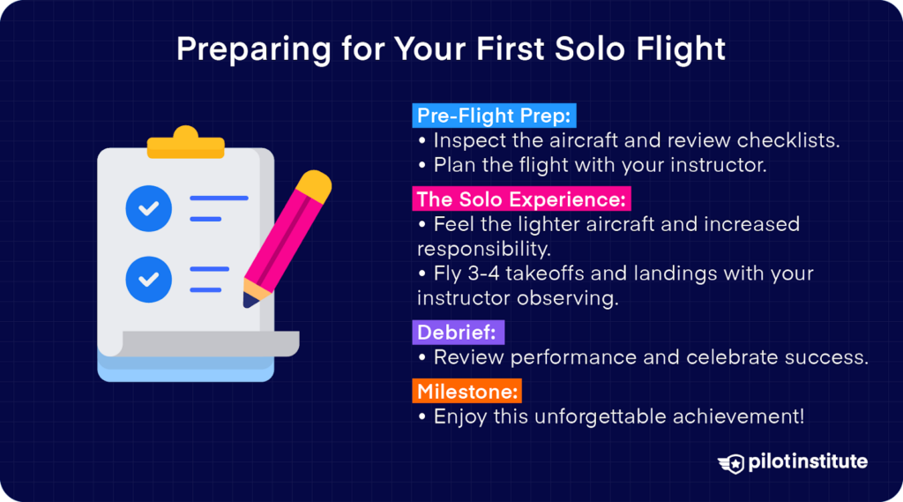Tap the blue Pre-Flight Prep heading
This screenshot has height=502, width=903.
pos(495,116)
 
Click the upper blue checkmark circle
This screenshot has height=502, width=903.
pos(149,208)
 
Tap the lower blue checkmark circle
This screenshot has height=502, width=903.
pos(149,279)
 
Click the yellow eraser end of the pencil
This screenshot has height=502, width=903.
pos(313,186)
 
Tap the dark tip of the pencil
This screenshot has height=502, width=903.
pos(251,300)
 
